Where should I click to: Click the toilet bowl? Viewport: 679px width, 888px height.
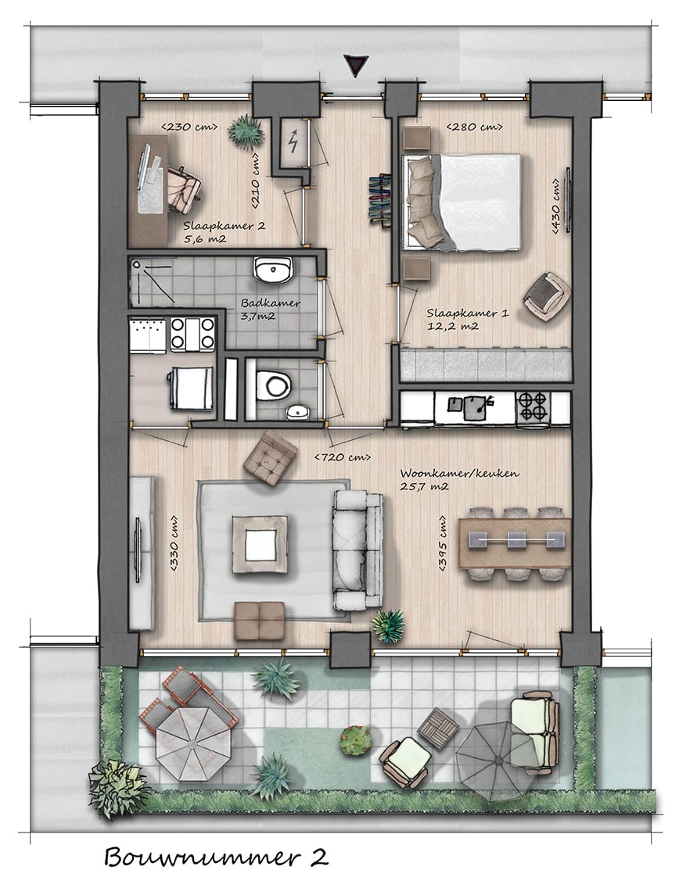(x=274, y=384)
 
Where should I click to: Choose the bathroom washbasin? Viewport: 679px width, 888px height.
(x=272, y=270)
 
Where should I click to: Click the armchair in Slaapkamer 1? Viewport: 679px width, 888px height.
(x=545, y=295)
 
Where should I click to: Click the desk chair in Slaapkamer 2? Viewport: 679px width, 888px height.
(x=183, y=188)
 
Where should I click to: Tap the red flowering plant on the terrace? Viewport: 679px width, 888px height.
(x=355, y=739)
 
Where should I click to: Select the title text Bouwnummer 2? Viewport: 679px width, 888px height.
(x=215, y=858)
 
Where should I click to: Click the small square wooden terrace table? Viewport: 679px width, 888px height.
(x=438, y=727)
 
